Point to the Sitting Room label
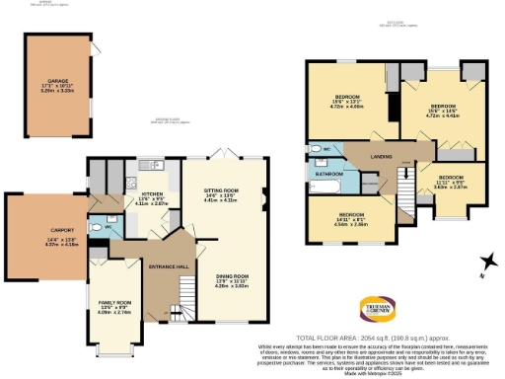coord(222,193)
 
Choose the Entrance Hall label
coord(162,267)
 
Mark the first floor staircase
coord(403,182)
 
